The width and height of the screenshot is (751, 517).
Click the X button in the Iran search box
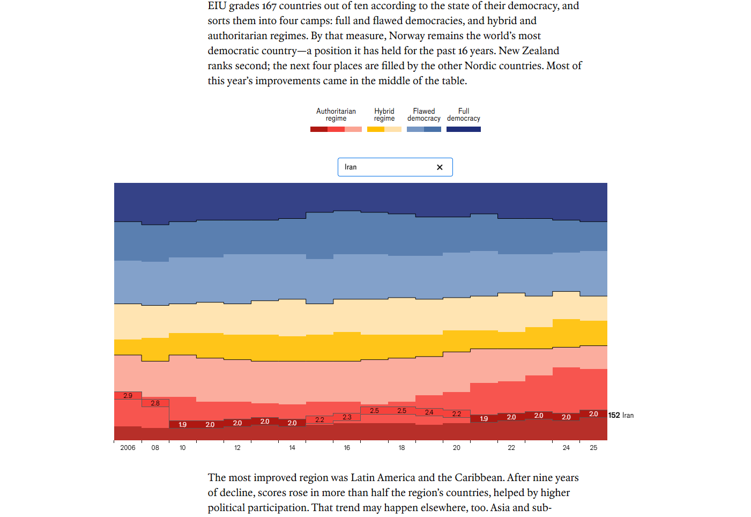(440, 167)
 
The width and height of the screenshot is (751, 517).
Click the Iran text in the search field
(351, 167)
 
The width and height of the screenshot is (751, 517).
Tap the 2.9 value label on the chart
(128, 396)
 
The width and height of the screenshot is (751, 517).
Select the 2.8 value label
(155, 403)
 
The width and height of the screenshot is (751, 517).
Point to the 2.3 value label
(347, 417)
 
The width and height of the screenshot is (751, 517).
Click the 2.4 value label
(429, 412)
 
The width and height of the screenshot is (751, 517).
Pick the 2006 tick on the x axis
(128, 448)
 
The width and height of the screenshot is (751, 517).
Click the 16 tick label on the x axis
(347, 448)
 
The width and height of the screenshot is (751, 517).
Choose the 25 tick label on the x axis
(593, 448)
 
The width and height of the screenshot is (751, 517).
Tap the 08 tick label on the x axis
(155, 448)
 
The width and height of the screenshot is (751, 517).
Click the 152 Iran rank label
(621, 416)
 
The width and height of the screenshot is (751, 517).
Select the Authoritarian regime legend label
(336, 115)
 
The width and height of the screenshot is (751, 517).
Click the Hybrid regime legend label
(384, 115)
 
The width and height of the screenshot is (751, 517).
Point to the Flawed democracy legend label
(424, 115)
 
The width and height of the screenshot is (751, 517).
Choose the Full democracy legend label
(464, 115)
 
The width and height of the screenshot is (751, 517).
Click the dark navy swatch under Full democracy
(464, 129)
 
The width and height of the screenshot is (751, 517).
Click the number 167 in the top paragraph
(269, 6)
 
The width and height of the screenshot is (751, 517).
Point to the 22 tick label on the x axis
(511, 448)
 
